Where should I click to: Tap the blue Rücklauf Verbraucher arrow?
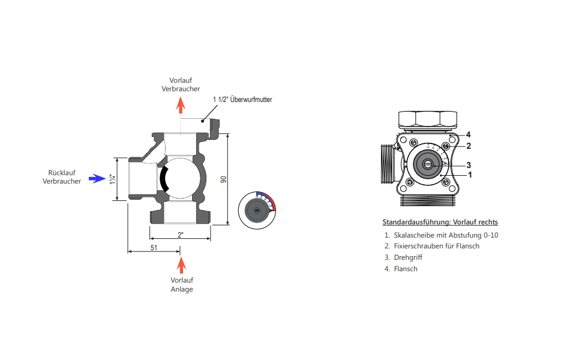(95, 178)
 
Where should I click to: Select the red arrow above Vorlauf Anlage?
(181, 265)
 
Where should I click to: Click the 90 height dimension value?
(223, 179)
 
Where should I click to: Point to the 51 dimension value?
(154, 247)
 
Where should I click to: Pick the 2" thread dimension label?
(181, 235)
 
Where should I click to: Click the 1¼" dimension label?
(112, 179)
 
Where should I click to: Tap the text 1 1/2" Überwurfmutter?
(242, 100)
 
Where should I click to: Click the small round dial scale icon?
(259, 208)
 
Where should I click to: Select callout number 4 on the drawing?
(468, 134)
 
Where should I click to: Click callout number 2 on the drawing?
(468, 146)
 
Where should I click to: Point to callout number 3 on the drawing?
(468, 165)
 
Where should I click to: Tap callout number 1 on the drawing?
(470, 175)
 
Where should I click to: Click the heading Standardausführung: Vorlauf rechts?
(440, 222)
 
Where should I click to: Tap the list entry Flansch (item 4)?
(406, 269)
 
